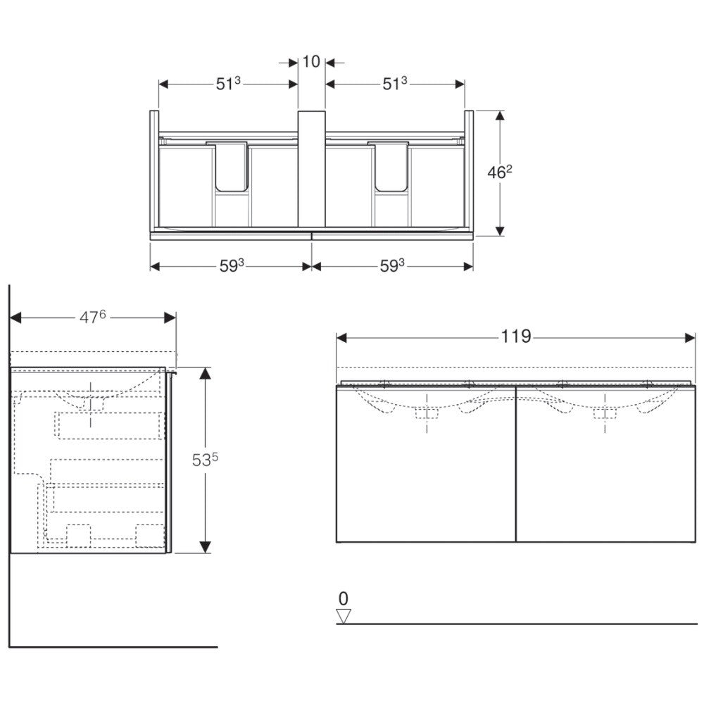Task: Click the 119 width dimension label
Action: point(516,337)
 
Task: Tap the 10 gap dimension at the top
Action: point(311,61)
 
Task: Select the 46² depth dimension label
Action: point(500,172)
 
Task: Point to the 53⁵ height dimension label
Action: point(205,459)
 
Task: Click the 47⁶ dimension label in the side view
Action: point(92,317)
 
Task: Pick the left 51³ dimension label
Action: point(228,84)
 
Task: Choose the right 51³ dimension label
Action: point(395,84)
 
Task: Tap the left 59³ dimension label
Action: point(231,266)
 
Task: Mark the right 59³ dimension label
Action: point(392,266)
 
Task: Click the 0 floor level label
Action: point(343,598)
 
